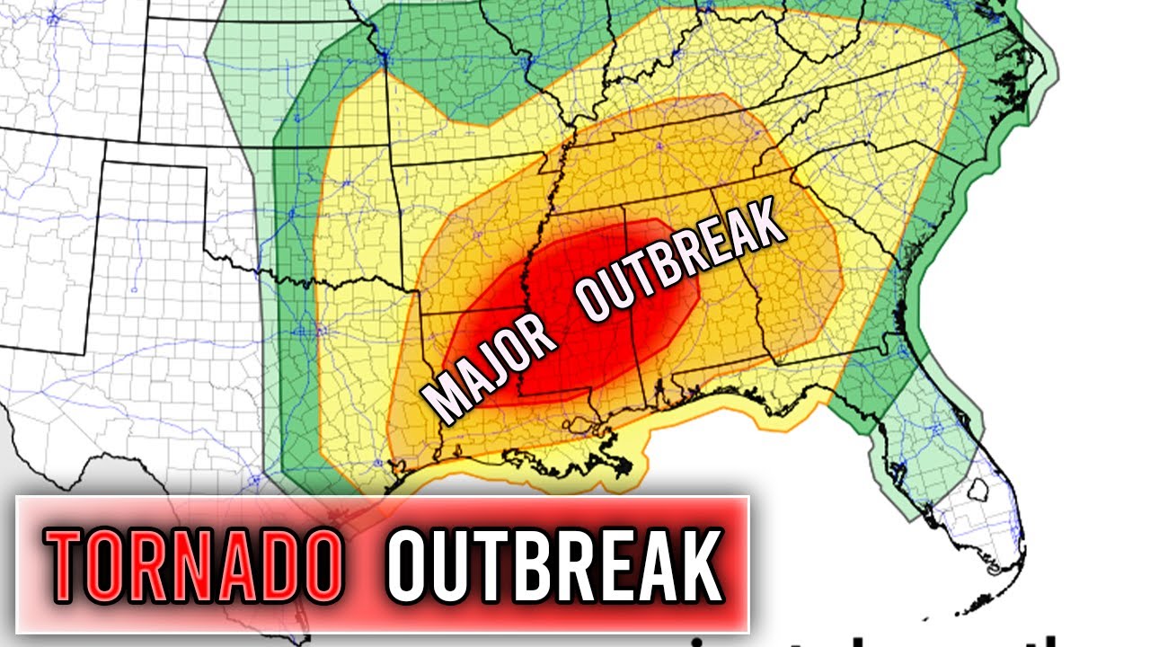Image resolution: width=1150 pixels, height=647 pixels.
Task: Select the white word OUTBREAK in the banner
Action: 555,564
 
